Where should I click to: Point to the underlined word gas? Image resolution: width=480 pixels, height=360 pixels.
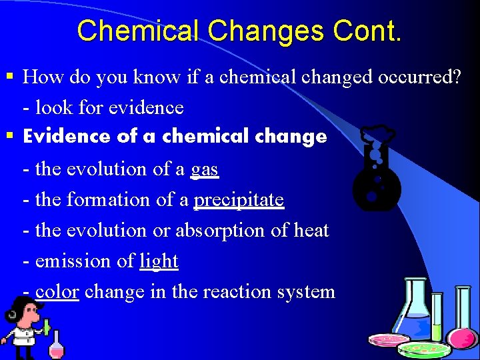(x=204, y=170)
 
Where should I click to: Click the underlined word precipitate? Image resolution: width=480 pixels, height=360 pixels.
(x=238, y=200)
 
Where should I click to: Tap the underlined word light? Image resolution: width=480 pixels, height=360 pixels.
(x=159, y=261)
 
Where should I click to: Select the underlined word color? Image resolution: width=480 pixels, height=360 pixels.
(x=57, y=291)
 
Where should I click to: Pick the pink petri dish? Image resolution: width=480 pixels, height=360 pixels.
(x=389, y=340)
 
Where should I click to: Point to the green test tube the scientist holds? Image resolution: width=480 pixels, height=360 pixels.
(x=47, y=326)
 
